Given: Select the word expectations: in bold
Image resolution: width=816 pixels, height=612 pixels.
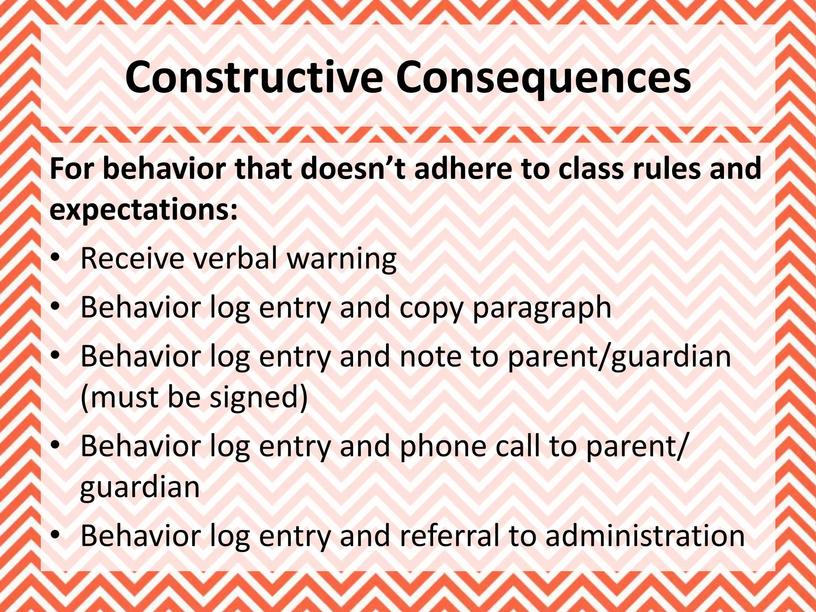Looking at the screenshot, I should pos(143,210).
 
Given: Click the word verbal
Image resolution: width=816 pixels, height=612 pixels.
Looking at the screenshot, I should pos(235,258).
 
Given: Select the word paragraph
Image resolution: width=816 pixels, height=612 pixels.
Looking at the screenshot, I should pos(541,308).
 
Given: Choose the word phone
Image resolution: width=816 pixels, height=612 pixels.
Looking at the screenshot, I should pos(443,446).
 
